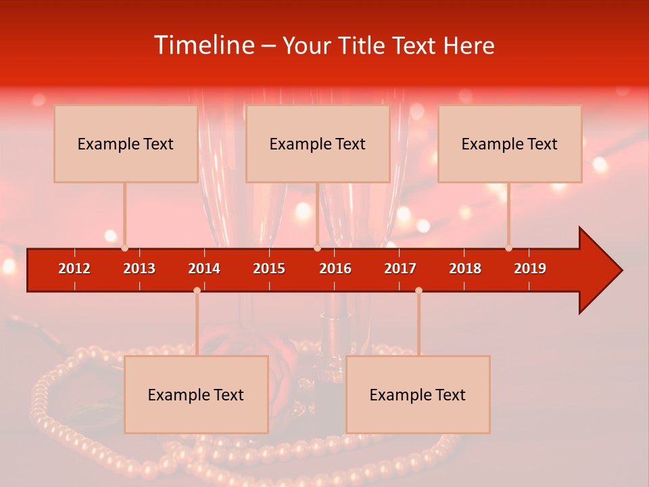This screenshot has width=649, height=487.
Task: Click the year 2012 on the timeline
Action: pyautogui.click(x=74, y=269)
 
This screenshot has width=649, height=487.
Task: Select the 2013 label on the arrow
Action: pyautogui.click(x=139, y=269)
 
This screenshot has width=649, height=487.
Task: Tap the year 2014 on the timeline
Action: pyautogui.click(x=204, y=269)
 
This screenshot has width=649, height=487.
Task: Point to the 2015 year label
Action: pyautogui.click(x=269, y=269)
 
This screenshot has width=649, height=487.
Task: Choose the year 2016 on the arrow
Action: pyautogui.click(x=335, y=269)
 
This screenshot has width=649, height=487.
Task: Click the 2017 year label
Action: pyautogui.click(x=400, y=269)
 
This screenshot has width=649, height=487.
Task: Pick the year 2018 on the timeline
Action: pyautogui.click(x=465, y=269)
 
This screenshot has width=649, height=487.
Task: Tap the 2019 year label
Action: pyautogui.click(x=530, y=269)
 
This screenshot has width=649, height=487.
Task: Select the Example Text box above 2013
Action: pyautogui.click(x=126, y=143)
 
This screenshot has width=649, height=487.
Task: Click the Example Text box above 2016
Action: pyautogui.click(x=318, y=143)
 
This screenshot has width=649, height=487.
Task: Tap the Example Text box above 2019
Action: pyautogui.click(x=510, y=143)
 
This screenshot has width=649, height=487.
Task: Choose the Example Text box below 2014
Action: pyautogui.click(x=196, y=394)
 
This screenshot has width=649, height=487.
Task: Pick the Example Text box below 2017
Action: pyautogui.click(x=418, y=394)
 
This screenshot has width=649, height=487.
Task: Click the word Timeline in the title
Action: pyautogui.click(x=203, y=45)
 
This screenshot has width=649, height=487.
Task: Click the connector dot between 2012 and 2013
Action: pyautogui.click(x=125, y=248)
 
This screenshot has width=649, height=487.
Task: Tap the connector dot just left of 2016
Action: pyautogui.click(x=317, y=248)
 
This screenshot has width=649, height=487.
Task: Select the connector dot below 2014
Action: pyautogui.click(x=197, y=290)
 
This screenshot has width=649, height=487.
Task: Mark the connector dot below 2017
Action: pyautogui.click(x=418, y=290)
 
